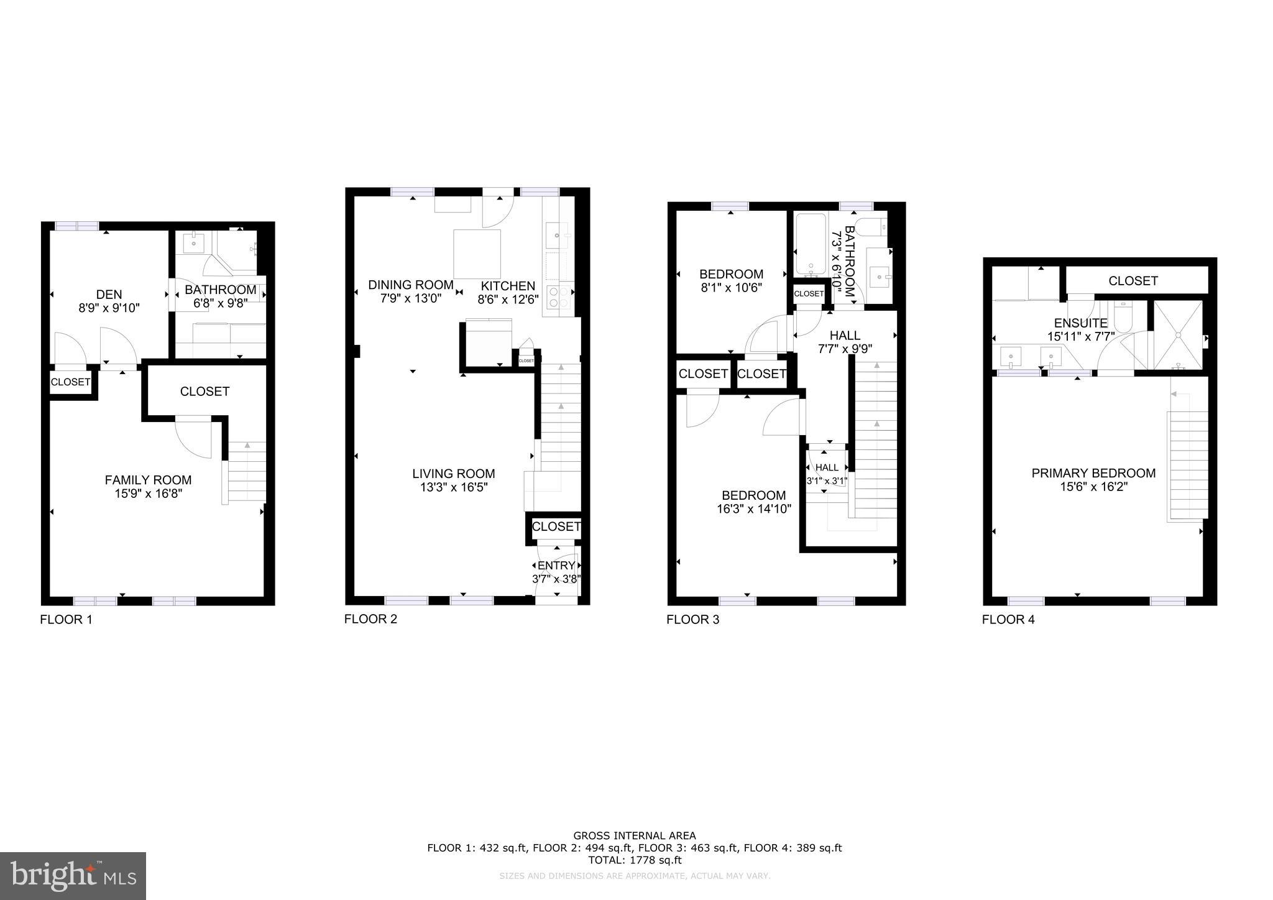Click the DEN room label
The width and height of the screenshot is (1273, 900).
[109, 295]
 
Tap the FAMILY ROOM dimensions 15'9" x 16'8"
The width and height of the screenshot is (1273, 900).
[148, 494]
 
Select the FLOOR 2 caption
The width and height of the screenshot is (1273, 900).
[370, 619]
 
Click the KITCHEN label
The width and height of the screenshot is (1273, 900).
[508, 286]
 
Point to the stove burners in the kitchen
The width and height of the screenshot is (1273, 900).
[558, 297]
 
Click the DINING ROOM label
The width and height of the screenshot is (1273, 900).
[411, 285]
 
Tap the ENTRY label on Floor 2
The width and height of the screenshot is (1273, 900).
[556, 566]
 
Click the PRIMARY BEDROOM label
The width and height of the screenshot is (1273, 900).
[1093, 473]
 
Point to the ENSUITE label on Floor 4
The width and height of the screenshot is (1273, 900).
[1081, 323]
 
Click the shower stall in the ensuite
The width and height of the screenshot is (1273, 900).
[1178, 336]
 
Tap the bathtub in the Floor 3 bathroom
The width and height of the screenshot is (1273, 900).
[811, 246]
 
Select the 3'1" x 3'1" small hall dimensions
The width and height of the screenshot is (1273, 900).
[827, 480]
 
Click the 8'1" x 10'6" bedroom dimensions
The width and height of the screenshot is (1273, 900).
[731, 288]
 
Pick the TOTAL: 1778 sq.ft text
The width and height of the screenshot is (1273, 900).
[635, 860]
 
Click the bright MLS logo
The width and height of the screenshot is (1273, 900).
[73, 876]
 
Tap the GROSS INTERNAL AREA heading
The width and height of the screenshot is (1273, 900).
[634, 836]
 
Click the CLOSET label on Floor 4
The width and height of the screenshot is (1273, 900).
[1133, 281]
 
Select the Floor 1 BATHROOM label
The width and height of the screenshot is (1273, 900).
[220, 290]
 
